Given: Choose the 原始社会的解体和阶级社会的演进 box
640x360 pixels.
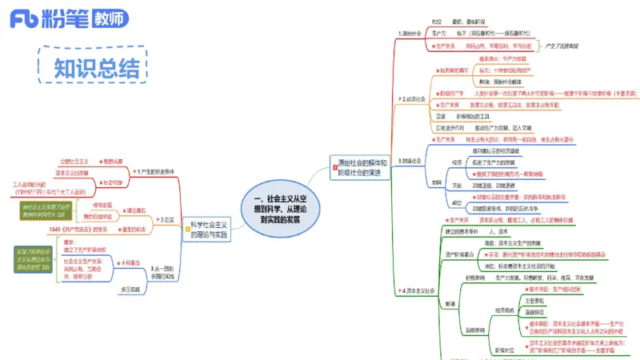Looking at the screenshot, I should tap(359, 167).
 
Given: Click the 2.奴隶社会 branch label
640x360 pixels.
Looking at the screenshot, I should tap(413, 98).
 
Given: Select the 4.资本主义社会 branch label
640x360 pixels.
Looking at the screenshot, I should tap(418, 290).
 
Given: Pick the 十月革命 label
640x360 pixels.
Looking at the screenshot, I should tap(132, 262).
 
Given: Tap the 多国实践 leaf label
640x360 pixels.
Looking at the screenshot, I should tap(130, 289).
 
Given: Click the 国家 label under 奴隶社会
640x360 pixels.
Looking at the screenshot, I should tap(442, 116).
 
